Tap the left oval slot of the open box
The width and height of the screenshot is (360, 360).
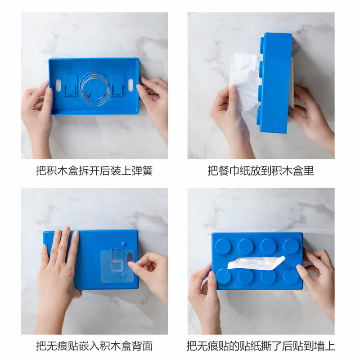(x=58, y=85)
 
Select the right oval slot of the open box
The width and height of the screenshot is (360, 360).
(x=130, y=85)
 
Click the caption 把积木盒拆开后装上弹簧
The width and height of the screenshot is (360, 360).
(x=94, y=171)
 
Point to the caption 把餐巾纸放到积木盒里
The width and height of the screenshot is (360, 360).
(x=261, y=171)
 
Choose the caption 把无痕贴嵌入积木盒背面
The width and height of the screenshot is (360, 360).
(x=94, y=346)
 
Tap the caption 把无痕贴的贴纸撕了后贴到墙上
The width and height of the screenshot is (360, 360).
(x=261, y=346)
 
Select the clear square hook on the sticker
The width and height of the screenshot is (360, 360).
(x=117, y=266)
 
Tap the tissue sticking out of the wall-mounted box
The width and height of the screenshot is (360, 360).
(x=256, y=262)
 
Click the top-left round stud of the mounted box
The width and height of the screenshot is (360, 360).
(x=223, y=246)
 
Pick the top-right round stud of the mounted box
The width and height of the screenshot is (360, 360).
(x=291, y=246)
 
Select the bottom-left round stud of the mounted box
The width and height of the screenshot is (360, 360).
(x=223, y=276)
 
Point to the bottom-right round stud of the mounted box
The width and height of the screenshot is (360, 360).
(x=291, y=276)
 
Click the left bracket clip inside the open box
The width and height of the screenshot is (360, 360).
(x=71, y=85)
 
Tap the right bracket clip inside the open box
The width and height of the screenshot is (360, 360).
(x=118, y=85)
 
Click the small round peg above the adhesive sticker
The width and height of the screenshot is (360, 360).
(x=124, y=244)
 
